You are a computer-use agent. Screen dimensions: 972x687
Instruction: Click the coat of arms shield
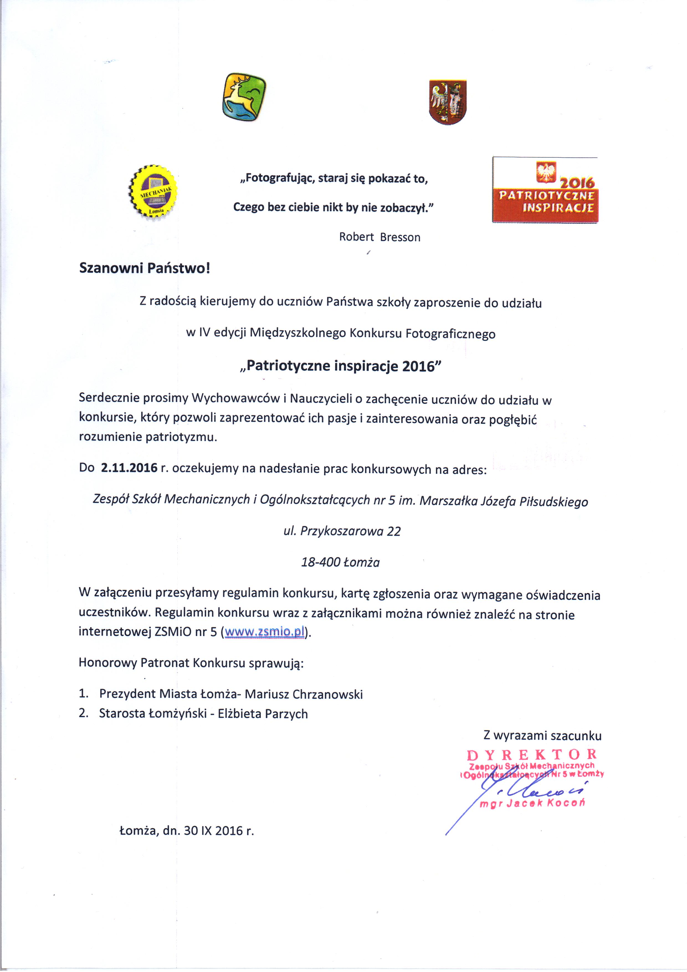tap(447, 102)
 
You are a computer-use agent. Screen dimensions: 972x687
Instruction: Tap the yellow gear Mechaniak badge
tap(153, 191)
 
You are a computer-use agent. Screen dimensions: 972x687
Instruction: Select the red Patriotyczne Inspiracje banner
tap(545, 190)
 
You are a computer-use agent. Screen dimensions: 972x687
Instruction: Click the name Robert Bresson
tap(379, 237)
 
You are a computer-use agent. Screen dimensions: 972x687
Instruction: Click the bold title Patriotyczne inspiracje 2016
tap(340, 366)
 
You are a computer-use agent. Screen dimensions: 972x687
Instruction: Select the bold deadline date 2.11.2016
tap(129, 468)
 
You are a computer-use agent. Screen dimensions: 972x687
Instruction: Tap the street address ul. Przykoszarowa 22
tap(342, 531)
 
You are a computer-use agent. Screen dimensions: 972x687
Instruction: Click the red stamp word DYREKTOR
tap(532, 754)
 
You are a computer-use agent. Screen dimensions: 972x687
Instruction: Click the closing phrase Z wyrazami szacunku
tap(542, 736)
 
